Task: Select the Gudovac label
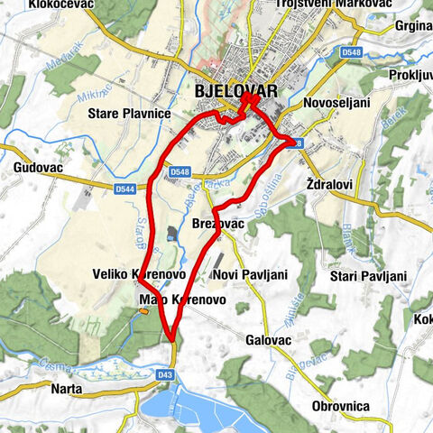(x=37, y=168)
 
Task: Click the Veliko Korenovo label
(x=139, y=273)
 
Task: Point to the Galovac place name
(x=268, y=340)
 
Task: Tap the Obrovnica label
(x=340, y=406)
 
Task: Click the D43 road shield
(x=164, y=373)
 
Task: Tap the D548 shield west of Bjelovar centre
(x=180, y=171)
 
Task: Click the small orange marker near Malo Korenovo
(x=144, y=311)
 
